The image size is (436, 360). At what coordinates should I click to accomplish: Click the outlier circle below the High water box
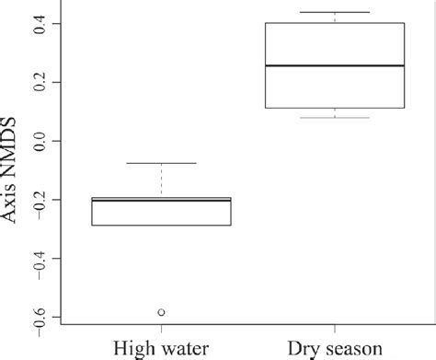[x=162, y=313]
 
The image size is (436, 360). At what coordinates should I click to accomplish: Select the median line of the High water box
[x=162, y=199]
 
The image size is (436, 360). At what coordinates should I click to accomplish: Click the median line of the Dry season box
[x=334, y=66]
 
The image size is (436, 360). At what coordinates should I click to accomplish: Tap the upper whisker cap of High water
[x=162, y=163]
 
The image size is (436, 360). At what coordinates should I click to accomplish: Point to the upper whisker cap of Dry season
[x=334, y=12]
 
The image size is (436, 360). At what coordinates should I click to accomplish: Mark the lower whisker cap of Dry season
[x=334, y=117]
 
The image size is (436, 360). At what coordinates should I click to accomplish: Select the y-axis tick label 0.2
[x=36, y=83]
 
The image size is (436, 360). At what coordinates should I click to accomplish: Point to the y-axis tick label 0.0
[x=36, y=141]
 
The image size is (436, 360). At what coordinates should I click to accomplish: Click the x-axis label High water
[x=162, y=350]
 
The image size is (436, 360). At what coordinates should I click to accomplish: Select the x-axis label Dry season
[x=334, y=350]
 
